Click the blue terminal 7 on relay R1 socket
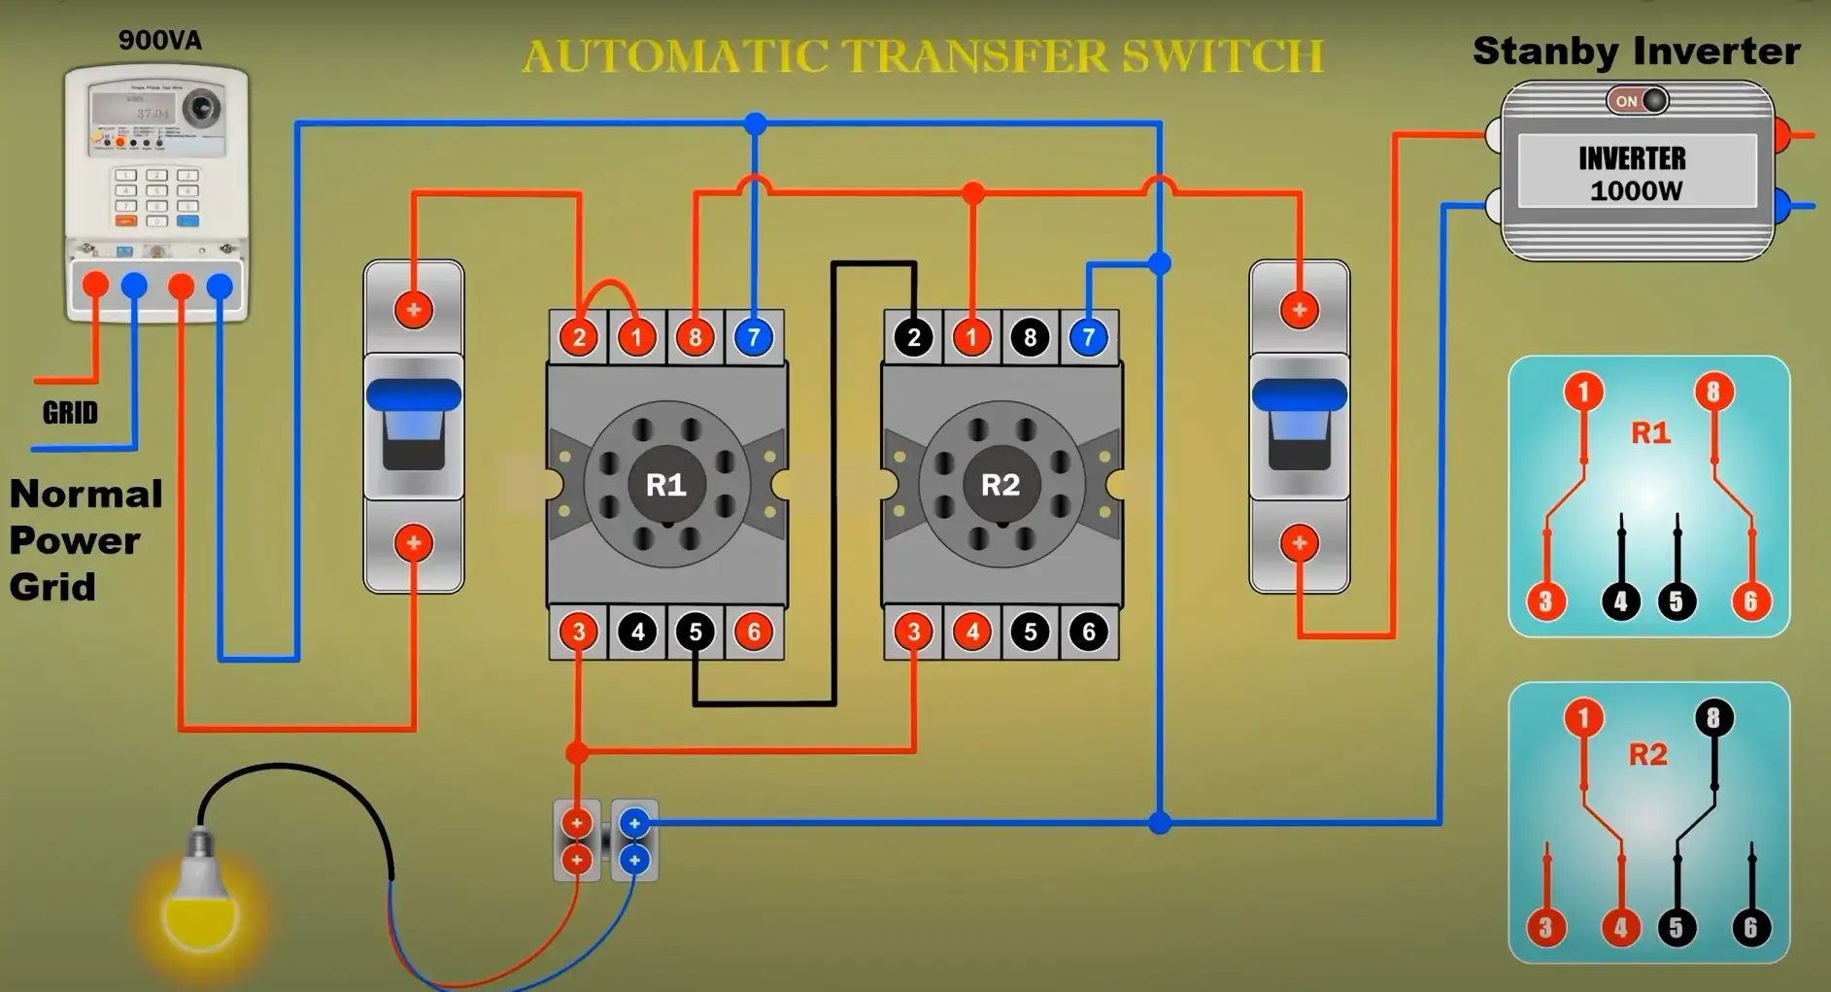click(754, 337)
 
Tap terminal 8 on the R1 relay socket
click(695, 337)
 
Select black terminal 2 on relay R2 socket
click(913, 337)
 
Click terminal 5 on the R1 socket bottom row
click(695, 632)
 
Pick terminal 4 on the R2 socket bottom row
click(971, 632)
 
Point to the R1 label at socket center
click(666, 485)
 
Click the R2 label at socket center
click(1000, 485)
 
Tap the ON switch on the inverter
click(1638, 100)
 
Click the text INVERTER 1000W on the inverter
click(1635, 173)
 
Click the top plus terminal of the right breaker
click(1300, 311)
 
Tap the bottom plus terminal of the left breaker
click(414, 542)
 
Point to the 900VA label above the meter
click(160, 40)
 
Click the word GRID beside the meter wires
click(70, 413)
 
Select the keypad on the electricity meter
click(156, 197)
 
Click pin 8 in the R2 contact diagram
click(1713, 718)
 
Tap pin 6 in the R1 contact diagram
click(1750, 601)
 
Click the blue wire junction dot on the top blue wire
click(756, 123)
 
